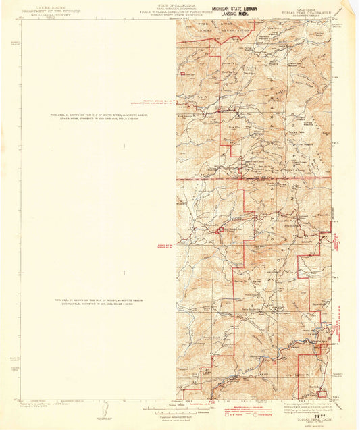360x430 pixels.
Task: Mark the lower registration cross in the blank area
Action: coord(124,273)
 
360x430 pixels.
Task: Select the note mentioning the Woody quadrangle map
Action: coord(99,301)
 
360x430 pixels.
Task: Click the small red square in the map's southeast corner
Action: coord(322,393)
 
